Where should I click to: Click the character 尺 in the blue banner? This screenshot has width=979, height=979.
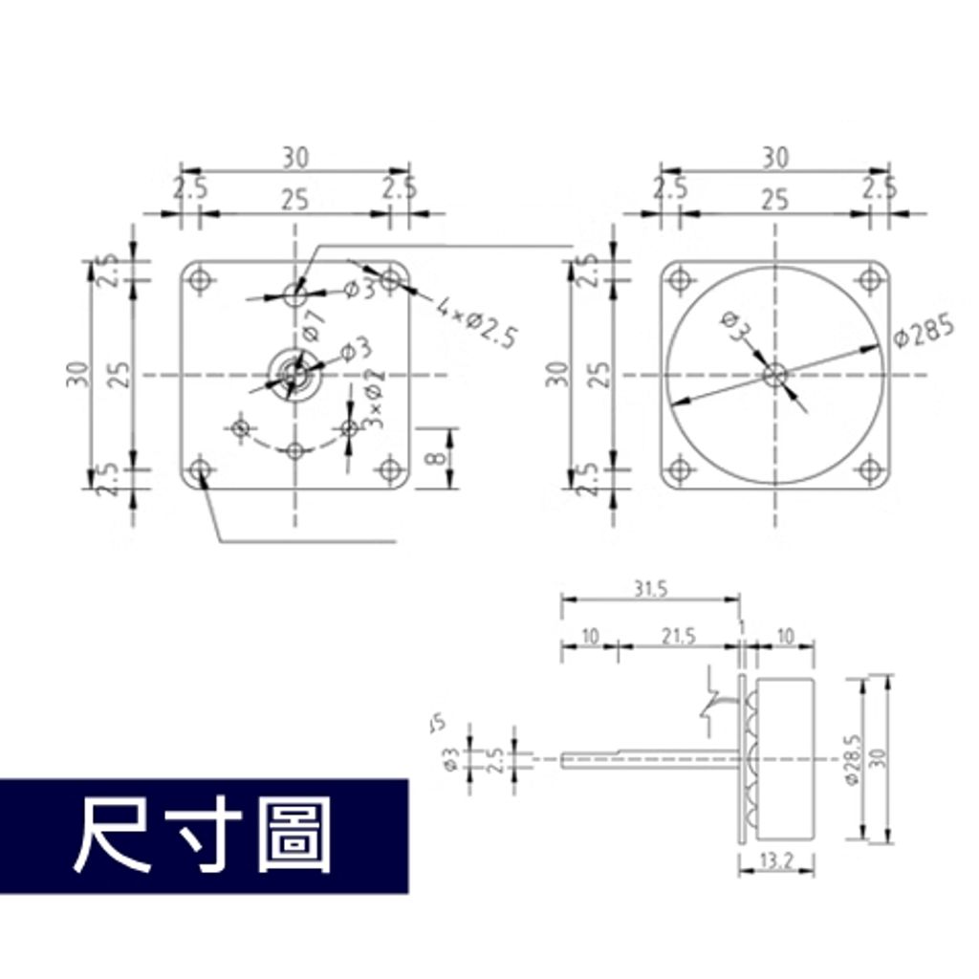point(113,836)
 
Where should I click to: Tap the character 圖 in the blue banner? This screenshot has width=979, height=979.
point(294,836)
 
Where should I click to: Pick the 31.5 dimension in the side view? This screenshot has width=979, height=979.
point(649,590)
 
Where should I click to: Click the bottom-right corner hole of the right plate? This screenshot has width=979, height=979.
point(869,469)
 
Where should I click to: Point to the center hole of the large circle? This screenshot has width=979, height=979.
point(774,374)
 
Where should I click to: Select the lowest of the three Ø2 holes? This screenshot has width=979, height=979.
point(296,449)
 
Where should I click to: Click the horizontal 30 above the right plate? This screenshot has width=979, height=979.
point(775,156)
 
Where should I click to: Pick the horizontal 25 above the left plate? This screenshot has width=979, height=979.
point(294,200)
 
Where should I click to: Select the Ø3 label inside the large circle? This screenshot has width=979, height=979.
point(736,327)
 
